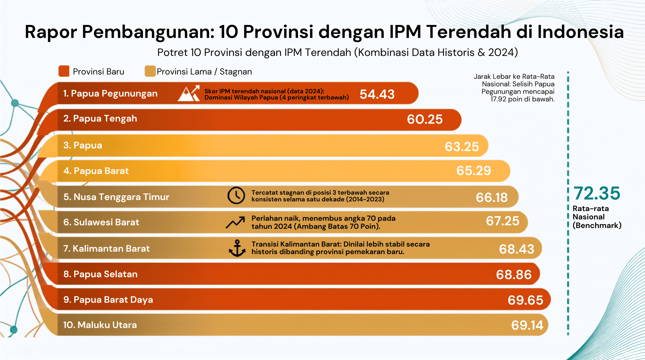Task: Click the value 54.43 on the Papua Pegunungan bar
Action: [x=377, y=94]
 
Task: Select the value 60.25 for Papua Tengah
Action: [x=425, y=119]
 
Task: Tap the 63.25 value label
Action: [x=462, y=147]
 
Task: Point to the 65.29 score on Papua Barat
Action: [x=474, y=170]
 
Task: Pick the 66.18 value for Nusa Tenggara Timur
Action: [x=492, y=197]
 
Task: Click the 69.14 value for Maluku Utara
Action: [x=527, y=325]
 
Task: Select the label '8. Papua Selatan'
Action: [x=101, y=274]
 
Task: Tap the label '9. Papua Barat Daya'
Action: [x=108, y=300]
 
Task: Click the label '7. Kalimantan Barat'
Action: [x=106, y=248]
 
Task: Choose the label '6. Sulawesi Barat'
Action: [x=101, y=222]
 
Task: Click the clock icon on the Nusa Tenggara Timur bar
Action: [x=236, y=195]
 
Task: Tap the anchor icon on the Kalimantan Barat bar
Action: [x=237, y=248]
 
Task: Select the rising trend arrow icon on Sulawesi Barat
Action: [x=235, y=222]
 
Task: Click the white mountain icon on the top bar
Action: [x=189, y=93]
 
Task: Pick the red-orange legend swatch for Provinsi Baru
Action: [x=64, y=71]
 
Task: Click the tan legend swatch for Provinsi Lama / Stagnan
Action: [x=150, y=71]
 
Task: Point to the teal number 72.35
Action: [x=597, y=193]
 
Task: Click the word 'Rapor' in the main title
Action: [x=51, y=32]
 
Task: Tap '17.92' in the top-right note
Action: [x=498, y=99]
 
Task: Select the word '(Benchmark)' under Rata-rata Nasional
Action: [x=597, y=225]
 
